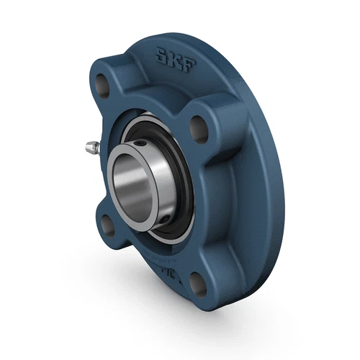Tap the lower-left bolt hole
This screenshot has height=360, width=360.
coord(106,225)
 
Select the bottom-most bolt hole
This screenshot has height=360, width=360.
coord(199,287)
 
